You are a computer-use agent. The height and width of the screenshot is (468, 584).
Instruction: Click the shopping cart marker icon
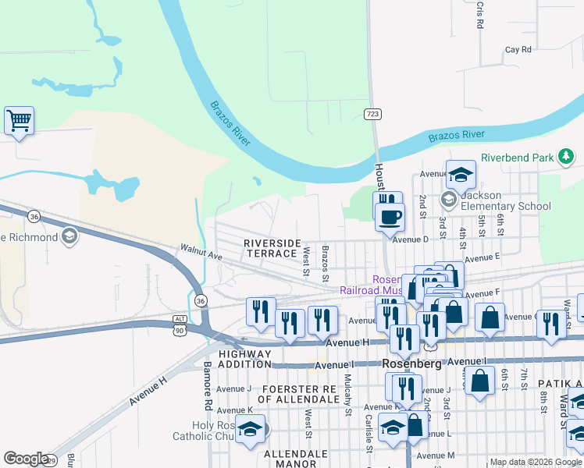[19, 121]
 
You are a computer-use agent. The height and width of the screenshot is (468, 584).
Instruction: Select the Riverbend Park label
[517, 158]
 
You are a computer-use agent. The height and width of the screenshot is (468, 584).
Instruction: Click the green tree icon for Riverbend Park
[567, 158]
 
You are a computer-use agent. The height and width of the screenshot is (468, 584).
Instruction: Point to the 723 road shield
[373, 114]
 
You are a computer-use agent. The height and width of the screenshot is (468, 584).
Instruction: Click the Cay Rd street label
[518, 49]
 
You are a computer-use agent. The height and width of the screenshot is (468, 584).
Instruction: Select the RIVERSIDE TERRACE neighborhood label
[272, 248]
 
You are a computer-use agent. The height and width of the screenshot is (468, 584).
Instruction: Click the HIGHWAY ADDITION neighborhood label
[244, 359]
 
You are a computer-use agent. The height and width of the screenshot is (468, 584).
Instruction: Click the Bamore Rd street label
[208, 386]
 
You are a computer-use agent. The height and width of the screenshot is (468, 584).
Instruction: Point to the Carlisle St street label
[368, 433]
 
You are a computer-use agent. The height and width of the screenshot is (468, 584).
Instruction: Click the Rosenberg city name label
[412, 364]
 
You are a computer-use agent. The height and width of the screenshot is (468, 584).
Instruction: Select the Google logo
[25, 459]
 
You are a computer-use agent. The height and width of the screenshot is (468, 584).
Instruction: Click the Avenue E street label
[482, 257]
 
